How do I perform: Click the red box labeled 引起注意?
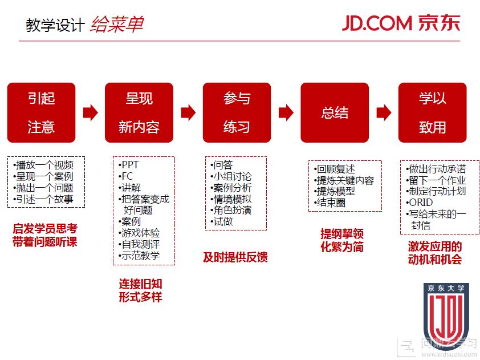click(41, 112)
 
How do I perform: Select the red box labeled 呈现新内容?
click(139, 112)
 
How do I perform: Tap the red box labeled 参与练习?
click(237, 112)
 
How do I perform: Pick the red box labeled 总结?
click(335, 112)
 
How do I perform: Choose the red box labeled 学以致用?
click(432, 112)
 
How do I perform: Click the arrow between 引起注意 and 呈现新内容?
click(90, 112)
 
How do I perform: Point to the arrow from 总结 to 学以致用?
click(384, 112)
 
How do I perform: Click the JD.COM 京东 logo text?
click(401, 23)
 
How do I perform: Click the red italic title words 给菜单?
click(117, 24)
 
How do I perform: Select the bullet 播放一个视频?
click(43, 165)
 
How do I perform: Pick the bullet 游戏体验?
click(139, 233)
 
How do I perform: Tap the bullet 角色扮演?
click(231, 210)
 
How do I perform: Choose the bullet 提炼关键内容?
click(344, 180)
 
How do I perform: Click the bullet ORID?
click(420, 203)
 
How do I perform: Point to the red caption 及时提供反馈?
click(235, 257)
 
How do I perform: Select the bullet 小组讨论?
click(231, 176)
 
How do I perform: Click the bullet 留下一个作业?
click(436, 180)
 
